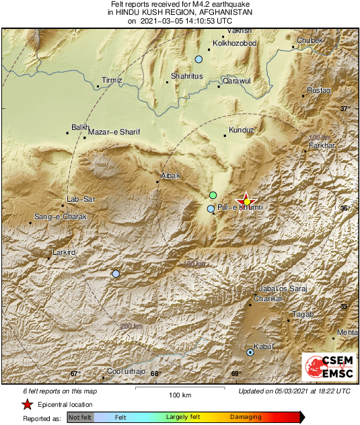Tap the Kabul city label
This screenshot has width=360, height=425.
262,346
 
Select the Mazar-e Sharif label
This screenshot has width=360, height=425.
114,132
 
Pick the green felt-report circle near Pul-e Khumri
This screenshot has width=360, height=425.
213,195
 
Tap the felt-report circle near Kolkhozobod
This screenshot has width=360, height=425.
199,60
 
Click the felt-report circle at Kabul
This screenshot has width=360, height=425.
250,352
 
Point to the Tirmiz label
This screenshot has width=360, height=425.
112,80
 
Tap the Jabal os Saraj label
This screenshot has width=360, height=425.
283,288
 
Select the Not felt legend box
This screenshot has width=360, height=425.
80,418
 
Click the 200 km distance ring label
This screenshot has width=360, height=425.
132,326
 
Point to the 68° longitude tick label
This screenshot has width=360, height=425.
155,374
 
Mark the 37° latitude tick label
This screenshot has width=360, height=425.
345,109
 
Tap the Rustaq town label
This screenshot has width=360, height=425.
319,89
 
